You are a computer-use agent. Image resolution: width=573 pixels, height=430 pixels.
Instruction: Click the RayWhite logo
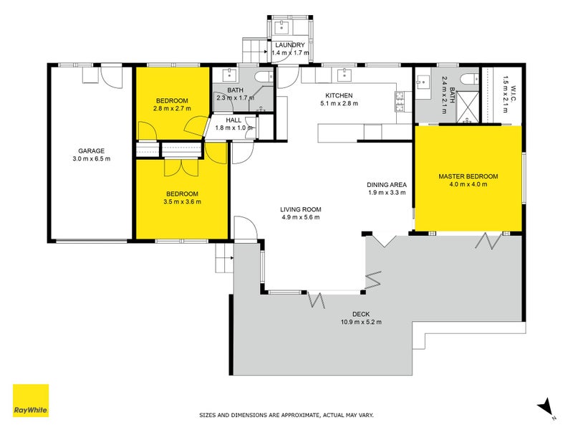pyautogui.click(x=31, y=401)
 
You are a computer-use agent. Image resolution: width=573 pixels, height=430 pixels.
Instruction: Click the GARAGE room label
pyautogui.click(x=92, y=150)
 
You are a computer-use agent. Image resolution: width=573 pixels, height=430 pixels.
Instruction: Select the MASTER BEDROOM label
pyautogui.click(x=468, y=176)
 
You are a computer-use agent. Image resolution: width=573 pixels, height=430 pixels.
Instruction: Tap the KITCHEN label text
pyautogui.click(x=339, y=95)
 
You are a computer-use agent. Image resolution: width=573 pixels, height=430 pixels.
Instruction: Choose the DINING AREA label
pyautogui.click(x=387, y=184)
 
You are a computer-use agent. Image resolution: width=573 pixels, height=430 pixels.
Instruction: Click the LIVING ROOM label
pyautogui.click(x=299, y=209)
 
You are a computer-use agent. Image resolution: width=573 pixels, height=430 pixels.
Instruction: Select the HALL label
pyautogui.click(x=233, y=120)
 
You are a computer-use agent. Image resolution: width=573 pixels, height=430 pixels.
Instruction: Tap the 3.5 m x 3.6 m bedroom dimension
pyautogui.click(x=182, y=202)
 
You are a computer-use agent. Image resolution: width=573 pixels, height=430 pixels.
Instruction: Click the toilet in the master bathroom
pyautogui.click(x=470, y=79)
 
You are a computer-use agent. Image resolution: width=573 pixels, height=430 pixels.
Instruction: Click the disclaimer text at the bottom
pyautogui.click(x=286, y=415)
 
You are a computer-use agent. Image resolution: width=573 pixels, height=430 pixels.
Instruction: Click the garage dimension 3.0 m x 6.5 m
pyautogui.click(x=92, y=159)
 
